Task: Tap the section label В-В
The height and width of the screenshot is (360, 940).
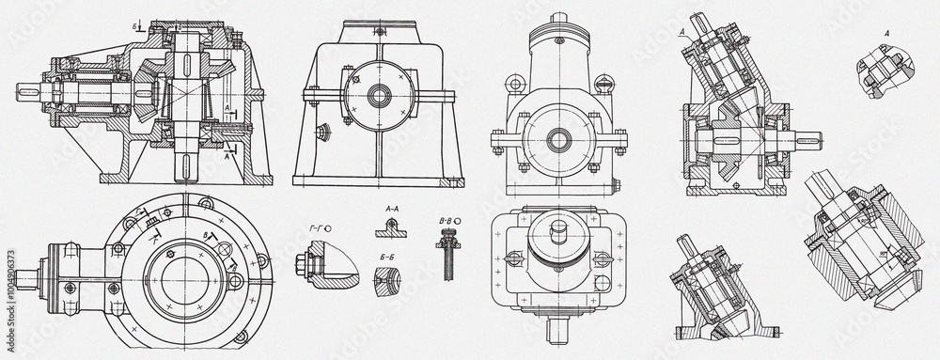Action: coord(447,222)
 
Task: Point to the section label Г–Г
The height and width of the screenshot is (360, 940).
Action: coord(317,228)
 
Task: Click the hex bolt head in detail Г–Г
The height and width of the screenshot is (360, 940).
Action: coord(303,262)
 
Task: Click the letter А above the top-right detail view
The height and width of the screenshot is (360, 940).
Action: coord(886,33)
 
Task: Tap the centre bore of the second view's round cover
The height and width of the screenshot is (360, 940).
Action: coord(380,95)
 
